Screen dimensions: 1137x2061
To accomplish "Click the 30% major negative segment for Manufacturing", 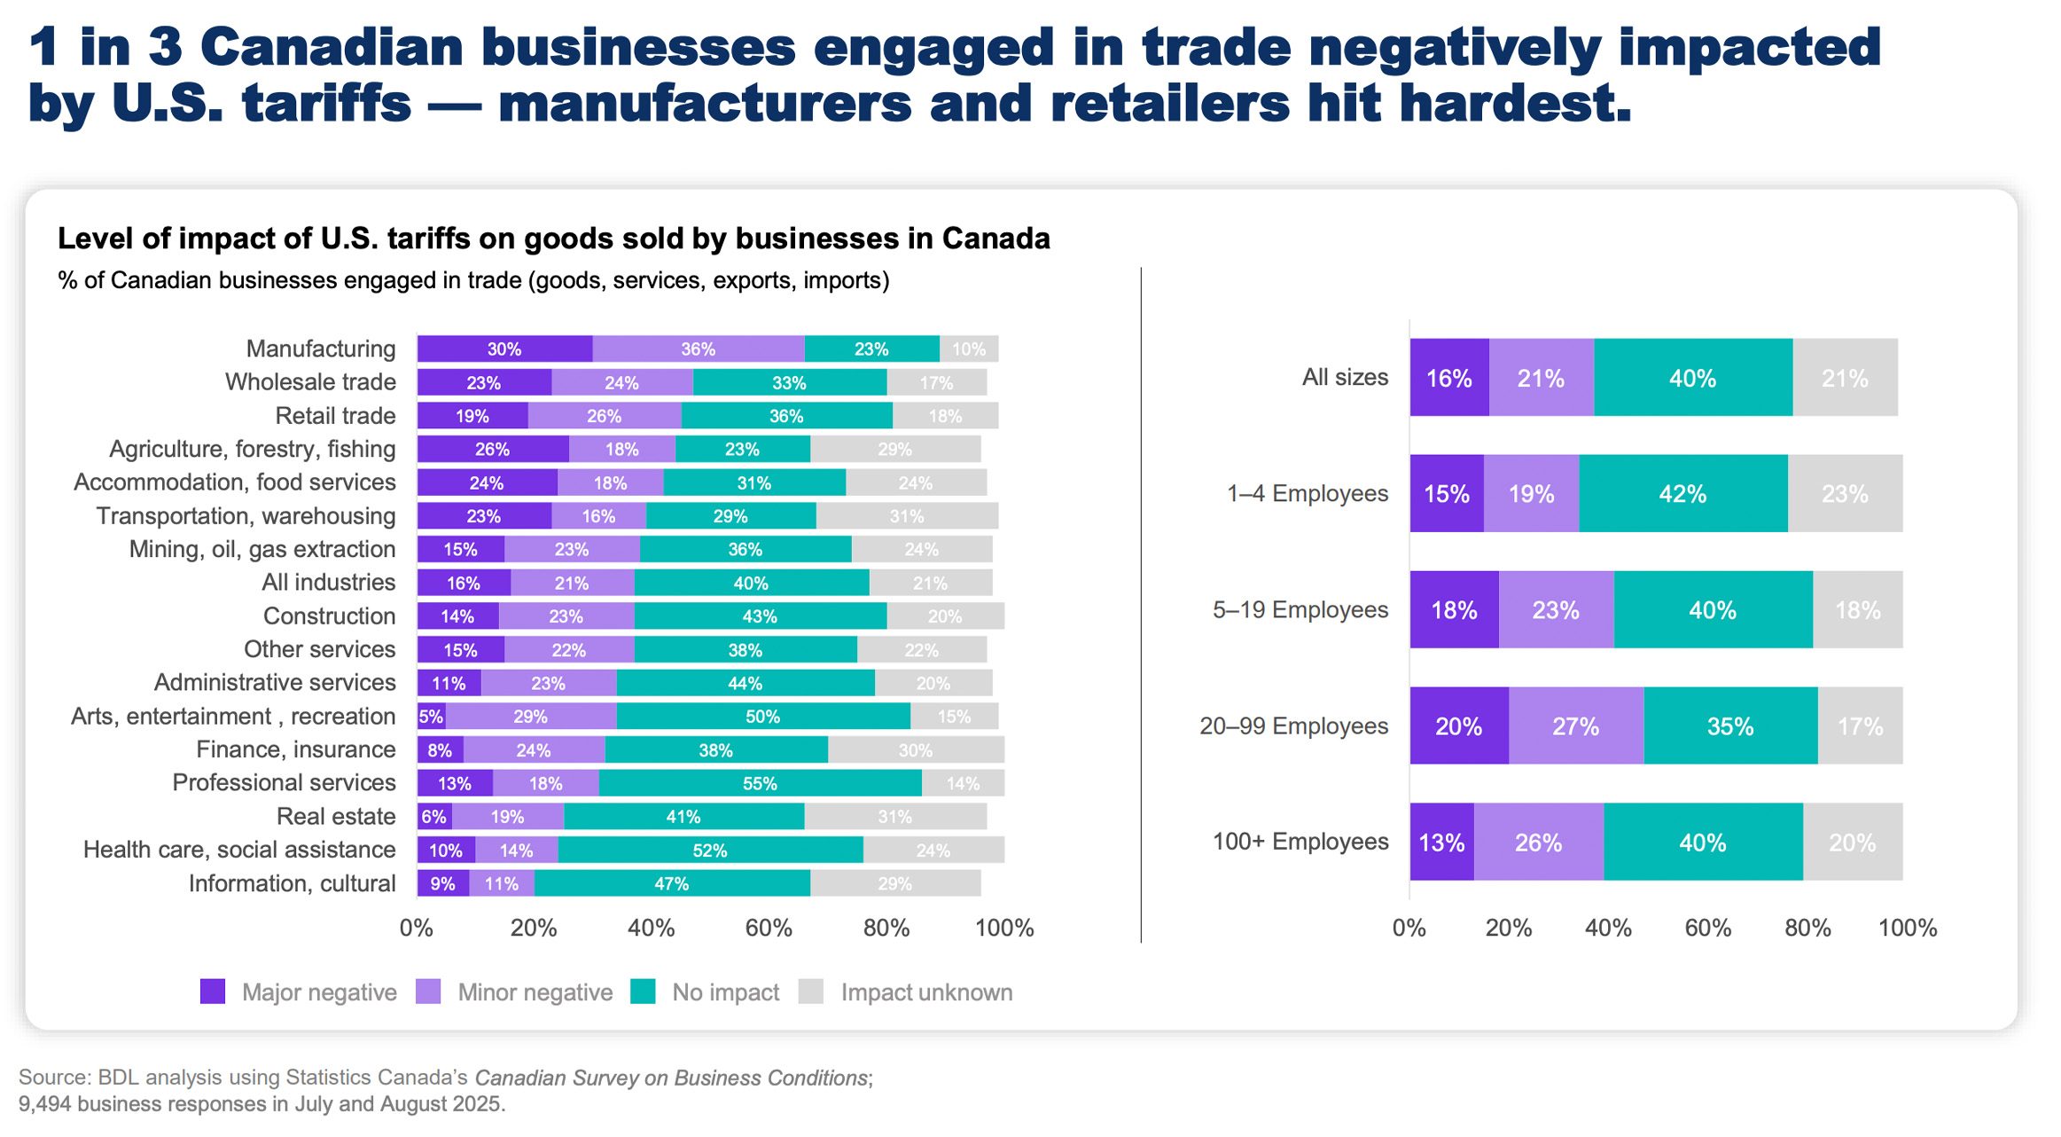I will pyautogui.click(x=504, y=349).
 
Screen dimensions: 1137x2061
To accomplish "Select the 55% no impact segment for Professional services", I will pyautogui.click(x=760, y=783).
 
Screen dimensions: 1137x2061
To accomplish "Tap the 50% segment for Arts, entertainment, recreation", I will pyautogui.click(x=762, y=717).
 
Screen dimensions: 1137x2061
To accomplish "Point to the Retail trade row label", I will pyautogui.click(x=335, y=416).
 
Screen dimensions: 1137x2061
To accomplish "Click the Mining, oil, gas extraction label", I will pyautogui.click(x=262, y=549).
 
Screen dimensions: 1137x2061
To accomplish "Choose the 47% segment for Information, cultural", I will pyautogui.click(x=671, y=883).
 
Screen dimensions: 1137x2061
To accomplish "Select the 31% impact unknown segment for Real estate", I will pyautogui.click(x=894, y=817).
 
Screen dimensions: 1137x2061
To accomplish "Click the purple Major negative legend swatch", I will pyautogui.click(x=213, y=992).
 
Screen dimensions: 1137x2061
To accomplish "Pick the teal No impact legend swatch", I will pyautogui.click(x=643, y=992).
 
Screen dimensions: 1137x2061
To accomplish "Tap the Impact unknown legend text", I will pyautogui.click(x=926, y=992).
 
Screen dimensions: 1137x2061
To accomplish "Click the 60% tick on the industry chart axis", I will pyautogui.click(x=769, y=929).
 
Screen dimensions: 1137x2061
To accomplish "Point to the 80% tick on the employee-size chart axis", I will pyautogui.click(x=1807, y=929).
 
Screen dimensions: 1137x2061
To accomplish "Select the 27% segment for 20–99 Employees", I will pyautogui.click(x=1575, y=726).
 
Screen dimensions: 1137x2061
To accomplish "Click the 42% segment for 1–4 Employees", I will pyautogui.click(x=1682, y=494).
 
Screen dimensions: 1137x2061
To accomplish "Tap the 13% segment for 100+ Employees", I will pyautogui.click(x=1441, y=843).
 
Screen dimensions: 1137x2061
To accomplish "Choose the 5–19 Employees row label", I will pyautogui.click(x=1300, y=610).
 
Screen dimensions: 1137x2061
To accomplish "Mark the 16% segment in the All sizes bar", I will pyautogui.click(x=1448, y=379).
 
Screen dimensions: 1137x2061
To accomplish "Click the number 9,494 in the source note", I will pyautogui.click(x=44, y=1105).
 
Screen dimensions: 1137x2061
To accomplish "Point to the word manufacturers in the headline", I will pyautogui.click(x=705, y=103).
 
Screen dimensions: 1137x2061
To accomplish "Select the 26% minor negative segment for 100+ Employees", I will pyautogui.click(x=1538, y=843).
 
